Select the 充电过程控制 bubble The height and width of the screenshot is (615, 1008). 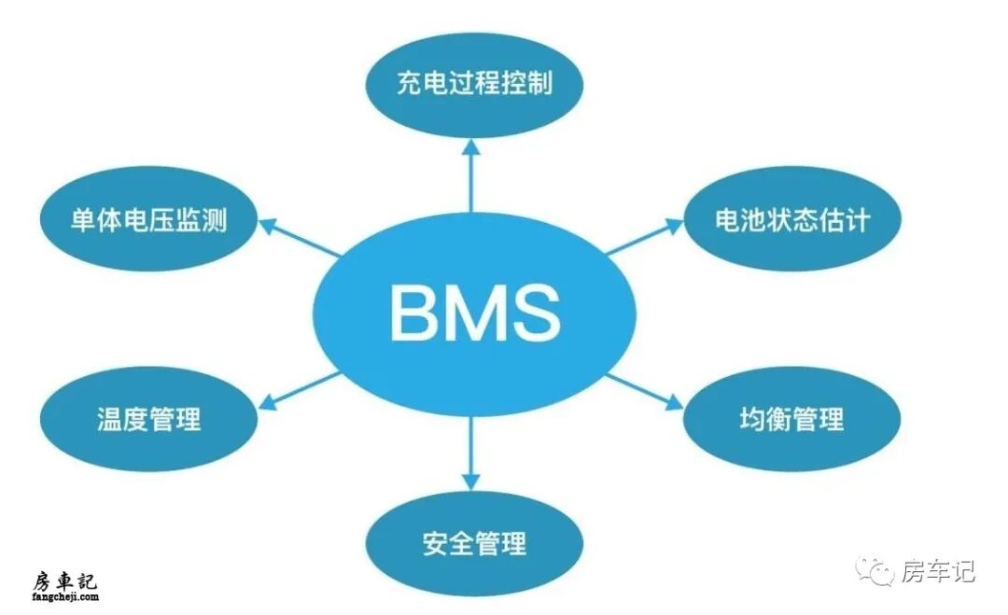(474, 84)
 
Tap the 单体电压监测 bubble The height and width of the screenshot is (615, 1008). (149, 220)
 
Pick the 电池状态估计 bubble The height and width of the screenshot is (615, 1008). (791, 220)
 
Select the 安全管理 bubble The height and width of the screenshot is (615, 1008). (474, 543)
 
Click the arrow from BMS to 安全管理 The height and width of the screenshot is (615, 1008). (471, 453)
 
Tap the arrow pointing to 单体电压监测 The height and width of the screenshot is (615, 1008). (299, 237)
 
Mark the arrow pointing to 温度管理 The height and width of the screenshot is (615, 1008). (299, 390)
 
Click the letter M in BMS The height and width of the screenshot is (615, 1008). (473, 314)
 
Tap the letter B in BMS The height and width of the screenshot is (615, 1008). (411, 314)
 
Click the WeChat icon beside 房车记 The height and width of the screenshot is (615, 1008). (877, 570)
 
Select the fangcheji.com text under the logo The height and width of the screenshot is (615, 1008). (64, 596)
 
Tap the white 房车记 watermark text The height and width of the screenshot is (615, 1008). (938, 570)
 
